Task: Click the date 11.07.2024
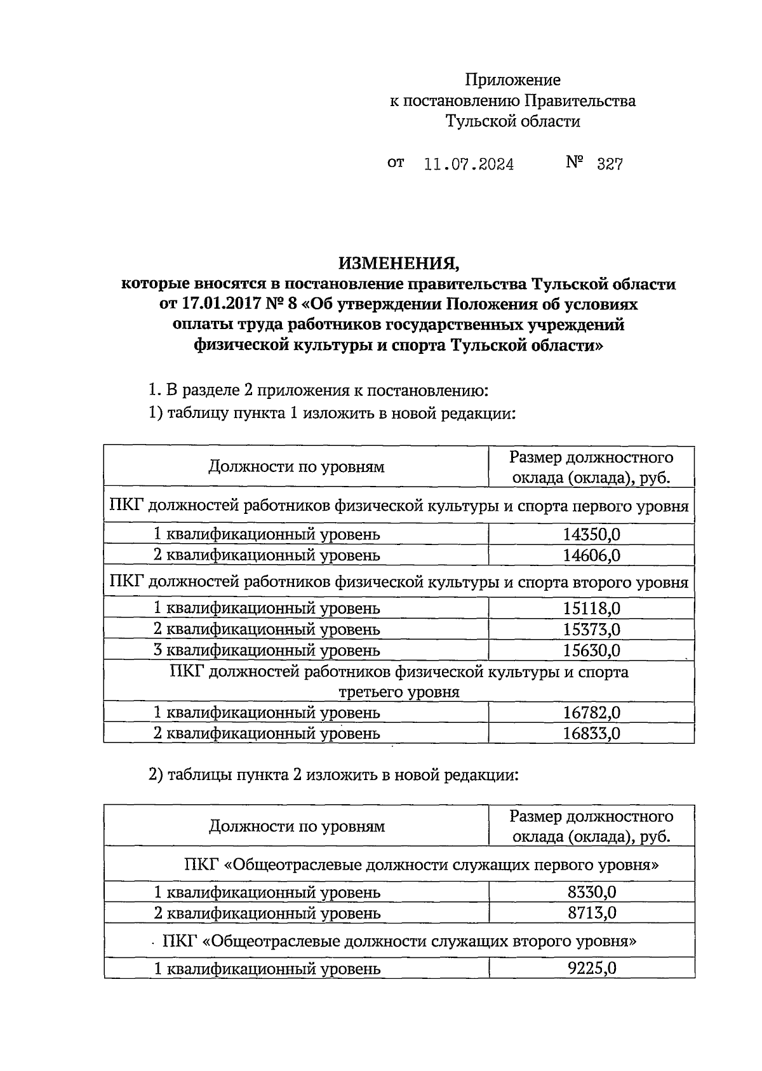(x=469, y=165)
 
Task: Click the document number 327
(x=610, y=165)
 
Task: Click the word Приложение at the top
(x=512, y=80)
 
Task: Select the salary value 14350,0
(x=591, y=534)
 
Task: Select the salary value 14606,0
(x=591, y=555)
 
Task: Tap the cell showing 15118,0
(x=591, y=609)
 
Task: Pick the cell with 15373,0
(x=591, y=630)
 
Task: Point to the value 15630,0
(x=591, y=650)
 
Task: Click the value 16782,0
(x=591, y=713)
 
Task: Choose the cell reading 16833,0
(x=591, y=734)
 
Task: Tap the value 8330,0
(x=591, y=892)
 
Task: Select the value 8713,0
(x=591, y=913)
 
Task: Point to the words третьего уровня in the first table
(x=398, y=692)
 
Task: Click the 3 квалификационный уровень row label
(x=267, y=650)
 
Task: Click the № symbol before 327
(x=574, y=163)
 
